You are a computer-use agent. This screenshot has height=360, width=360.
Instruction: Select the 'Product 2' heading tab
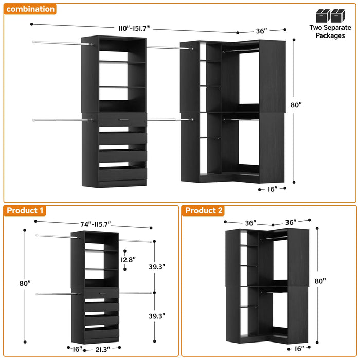click(204, 210)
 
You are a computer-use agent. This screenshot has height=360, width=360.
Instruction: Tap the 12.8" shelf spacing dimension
click(129, 260)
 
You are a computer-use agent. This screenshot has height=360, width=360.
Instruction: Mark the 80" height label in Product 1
click(25, 283)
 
